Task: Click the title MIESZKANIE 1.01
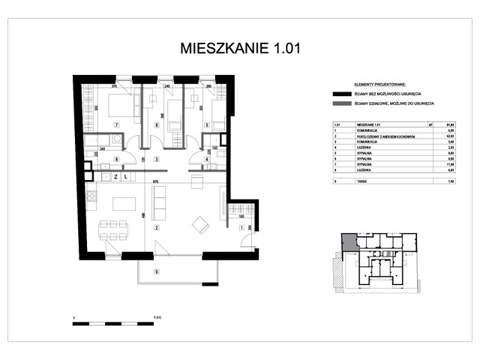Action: (239, 49)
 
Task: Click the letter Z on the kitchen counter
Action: (115, 177)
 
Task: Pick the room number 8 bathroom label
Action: (116, 159)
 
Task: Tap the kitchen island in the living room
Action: (124, 203)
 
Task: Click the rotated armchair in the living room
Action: (201, 223)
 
